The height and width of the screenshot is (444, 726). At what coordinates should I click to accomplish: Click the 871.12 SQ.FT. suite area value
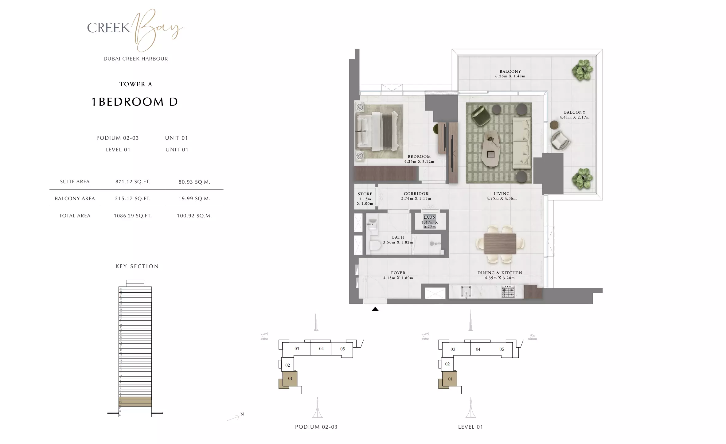click(x=133, y=182)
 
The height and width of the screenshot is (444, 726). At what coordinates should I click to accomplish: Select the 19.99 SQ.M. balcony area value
click(x=194, y=199)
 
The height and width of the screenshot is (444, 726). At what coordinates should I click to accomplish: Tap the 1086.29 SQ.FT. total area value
click(x=133, y=216)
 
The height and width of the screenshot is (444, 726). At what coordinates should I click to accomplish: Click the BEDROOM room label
click(x=419, y=157)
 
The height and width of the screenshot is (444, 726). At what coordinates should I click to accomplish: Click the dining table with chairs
click(x=500, y=244)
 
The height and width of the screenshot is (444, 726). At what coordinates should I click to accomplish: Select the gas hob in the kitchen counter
click(x=508, y=292)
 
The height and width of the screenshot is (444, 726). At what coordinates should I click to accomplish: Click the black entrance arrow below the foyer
click(x=375, y=309)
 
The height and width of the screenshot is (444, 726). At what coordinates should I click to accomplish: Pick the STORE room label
click(x=365, y=194)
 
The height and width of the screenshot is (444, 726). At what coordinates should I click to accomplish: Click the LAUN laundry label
click(x=430, y=217)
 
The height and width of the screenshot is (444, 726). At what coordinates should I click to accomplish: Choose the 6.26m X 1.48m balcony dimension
click(x=510, y=76)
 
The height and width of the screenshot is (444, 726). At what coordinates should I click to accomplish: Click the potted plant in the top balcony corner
click(x=582, y=70)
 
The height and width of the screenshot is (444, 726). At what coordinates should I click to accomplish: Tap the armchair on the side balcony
click(x=560, y=141)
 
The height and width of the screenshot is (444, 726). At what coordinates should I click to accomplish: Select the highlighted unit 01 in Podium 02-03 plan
click(x=290, y=379)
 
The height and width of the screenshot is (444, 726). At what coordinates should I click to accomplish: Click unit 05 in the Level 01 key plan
click(x=502, y=349)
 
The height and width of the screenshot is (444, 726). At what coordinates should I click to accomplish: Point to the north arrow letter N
click(x=242, y=414)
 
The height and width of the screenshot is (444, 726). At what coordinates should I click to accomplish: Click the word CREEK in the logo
click(x=108, y=28)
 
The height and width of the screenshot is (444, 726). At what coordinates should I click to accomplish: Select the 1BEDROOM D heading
click(x=135, y=102)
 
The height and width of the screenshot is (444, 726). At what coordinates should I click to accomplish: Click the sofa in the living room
click(x=521, y=144)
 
